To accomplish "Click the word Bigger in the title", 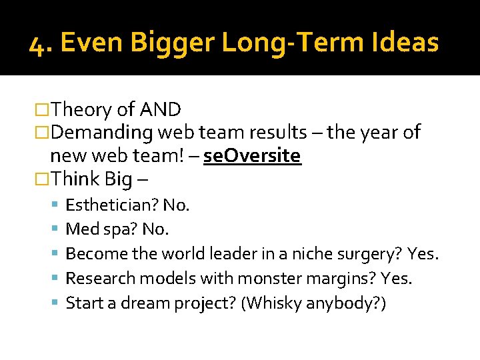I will (x=173, y=43).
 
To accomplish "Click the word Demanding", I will (x=101, y=132).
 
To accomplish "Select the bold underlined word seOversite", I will (x=252, y=155).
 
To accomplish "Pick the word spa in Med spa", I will (x=122, y=229).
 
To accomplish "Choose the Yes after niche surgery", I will (x=422, y=254).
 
